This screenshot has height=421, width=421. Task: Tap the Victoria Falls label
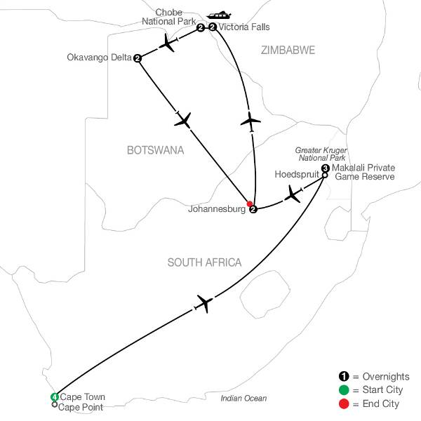pos(244,28)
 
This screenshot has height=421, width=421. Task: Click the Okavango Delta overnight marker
pos(137,58)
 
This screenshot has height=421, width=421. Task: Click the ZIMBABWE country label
pos(287,50)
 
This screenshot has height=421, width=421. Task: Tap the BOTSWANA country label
pos(155,150)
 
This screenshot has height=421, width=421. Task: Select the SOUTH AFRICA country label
pos(204,262)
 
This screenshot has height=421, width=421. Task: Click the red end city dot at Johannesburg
pos(249,204)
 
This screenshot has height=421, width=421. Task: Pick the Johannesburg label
pos(218,209)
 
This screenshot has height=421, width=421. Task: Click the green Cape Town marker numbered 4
pos(54,398)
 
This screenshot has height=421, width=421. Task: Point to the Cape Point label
pos(81,406)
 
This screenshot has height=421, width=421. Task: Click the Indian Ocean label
pos(243,399)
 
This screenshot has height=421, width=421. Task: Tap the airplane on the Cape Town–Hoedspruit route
pos(203,303)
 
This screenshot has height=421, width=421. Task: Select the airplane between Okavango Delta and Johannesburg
pos(184,121)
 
